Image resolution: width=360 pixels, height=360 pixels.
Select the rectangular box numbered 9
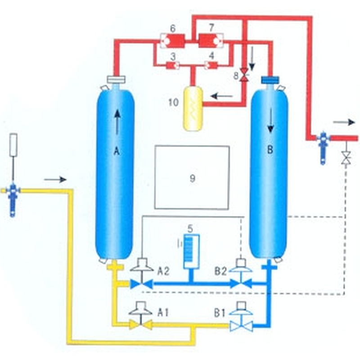[192, 177]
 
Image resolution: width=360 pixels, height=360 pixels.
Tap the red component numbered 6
[172, 41]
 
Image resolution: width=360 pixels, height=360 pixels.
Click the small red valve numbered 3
[172, 66]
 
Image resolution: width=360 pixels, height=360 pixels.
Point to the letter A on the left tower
[117, 152]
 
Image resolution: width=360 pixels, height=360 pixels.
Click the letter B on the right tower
[270, 150]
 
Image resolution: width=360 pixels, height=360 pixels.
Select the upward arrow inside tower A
[117, 122]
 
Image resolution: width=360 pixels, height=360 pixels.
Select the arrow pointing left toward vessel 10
[221, 95]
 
